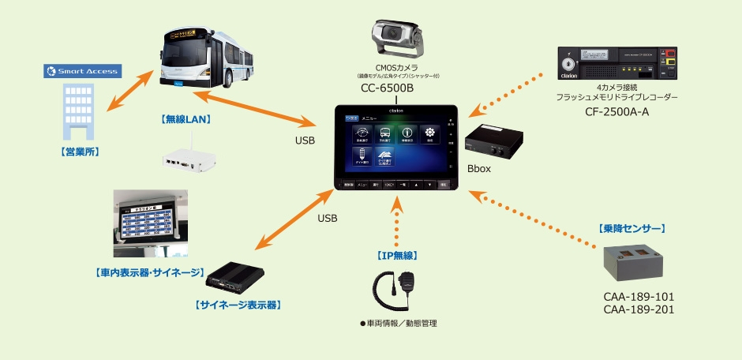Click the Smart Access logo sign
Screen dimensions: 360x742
tap(81, 71)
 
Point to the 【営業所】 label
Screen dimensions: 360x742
tap(82, 149)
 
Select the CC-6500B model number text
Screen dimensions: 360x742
tap(388, 88)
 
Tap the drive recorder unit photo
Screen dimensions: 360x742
tap(617, 63)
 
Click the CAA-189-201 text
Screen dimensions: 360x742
tap(638, 309)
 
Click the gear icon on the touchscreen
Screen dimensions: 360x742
tap(430, 133)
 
